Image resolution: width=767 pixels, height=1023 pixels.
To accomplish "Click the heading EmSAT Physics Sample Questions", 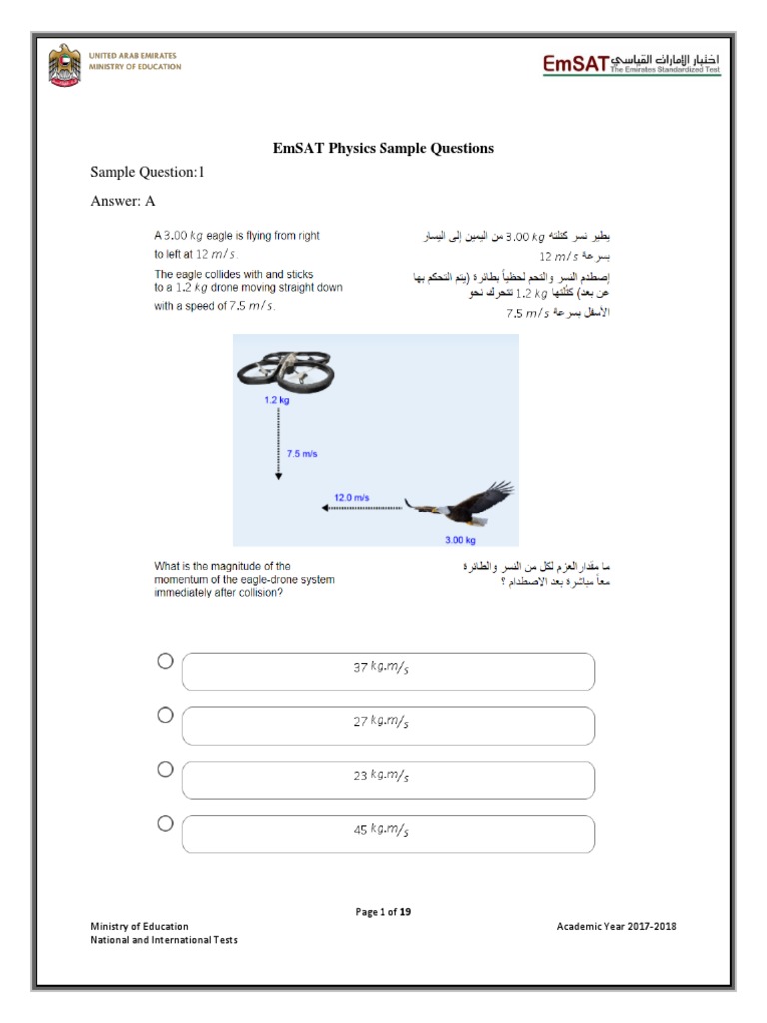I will [x=383, y=148].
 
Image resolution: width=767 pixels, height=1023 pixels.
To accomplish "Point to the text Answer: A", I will [x=123, y=200].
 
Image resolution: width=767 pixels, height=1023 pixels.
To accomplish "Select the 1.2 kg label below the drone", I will [x=277, y=400].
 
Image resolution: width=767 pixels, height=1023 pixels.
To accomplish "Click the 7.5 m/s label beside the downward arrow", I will [x=302, y=453].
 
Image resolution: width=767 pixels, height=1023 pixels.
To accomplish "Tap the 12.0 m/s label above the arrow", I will [x=351, y=496].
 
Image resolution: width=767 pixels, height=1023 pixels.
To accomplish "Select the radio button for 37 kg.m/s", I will [x=165, y=661].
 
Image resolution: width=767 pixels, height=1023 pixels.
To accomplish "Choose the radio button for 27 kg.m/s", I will [x=165, y=715].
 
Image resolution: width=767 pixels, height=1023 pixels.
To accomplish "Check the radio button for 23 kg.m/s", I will [x=165, y=769].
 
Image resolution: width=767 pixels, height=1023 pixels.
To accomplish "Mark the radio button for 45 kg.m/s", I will [x=165, y=823].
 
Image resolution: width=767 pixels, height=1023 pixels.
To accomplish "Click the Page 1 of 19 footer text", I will [x=383, y=912].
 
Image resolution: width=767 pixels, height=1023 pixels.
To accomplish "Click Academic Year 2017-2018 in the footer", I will [x=616, y=926].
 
